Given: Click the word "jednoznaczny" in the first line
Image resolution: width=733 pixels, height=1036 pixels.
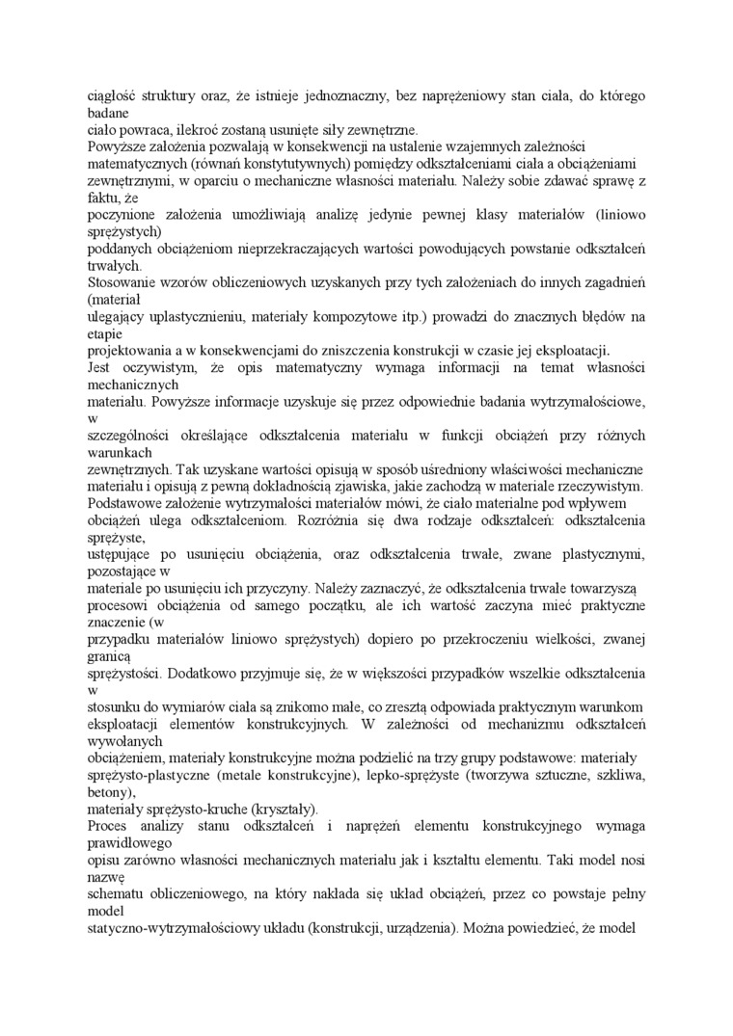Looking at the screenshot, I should tap(344, 96).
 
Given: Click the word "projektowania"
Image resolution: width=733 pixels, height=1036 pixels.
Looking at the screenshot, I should tap(128, 349).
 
